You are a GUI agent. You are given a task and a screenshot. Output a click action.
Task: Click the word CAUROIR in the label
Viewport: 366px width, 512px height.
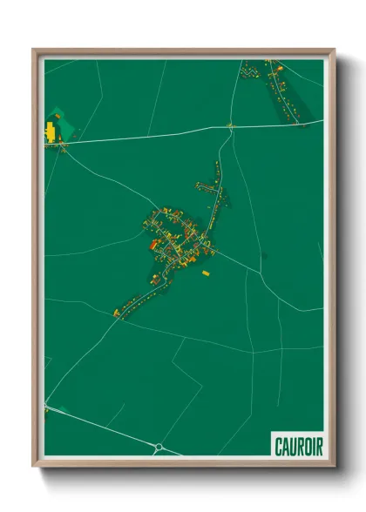tap(297, 446)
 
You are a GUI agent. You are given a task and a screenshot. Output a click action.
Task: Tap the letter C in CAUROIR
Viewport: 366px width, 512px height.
tap(278, 446)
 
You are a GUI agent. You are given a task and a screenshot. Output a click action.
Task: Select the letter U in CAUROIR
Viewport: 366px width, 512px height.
tap(292, 446)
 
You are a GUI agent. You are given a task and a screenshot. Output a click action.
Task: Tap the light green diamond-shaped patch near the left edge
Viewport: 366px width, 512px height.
tap(57, 113)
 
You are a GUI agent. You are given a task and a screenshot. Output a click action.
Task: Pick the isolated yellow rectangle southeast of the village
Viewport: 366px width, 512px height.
tap(206, 273)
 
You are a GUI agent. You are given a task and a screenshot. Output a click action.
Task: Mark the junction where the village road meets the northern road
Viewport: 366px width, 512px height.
tap(231, 128)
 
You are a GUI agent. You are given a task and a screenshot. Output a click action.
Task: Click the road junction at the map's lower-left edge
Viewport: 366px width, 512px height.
tap(46, 407)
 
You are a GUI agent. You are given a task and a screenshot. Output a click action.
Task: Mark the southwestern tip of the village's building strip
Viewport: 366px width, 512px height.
tap(116, 313)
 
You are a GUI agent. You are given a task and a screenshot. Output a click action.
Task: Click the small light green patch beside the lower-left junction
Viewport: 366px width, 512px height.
tap(45, 414)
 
